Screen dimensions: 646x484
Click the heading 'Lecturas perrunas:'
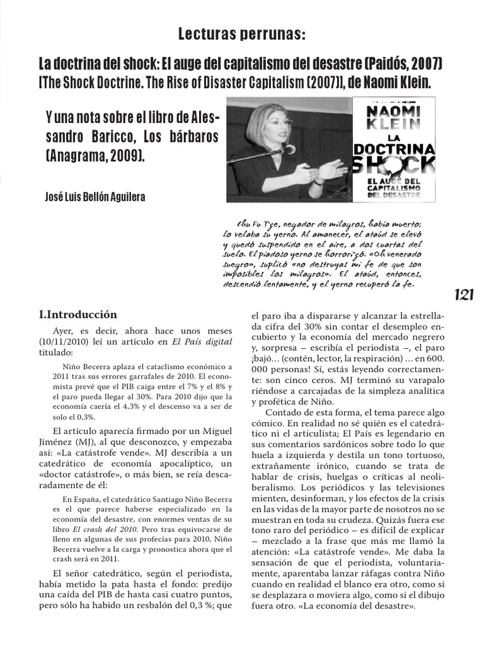click(242, 35)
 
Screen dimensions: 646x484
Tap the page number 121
click(463, 295)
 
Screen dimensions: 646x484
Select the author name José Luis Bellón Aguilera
click(95, 197)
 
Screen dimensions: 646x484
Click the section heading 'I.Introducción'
click(78, 314)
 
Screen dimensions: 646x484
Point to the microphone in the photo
click(288, 149)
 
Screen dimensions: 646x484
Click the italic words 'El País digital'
click(203, 342)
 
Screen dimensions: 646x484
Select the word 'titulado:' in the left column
click(56, 353)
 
